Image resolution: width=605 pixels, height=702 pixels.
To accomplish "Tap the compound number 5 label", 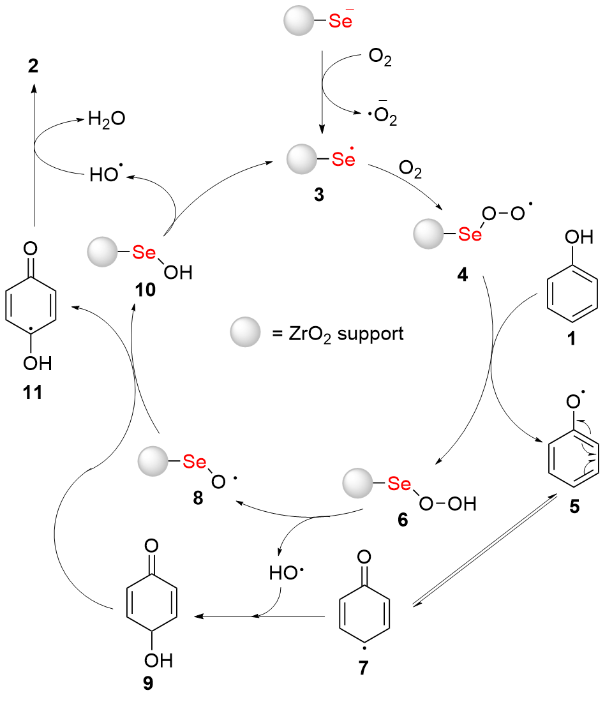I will (x=572, y=507).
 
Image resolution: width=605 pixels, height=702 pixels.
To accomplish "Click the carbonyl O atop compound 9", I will (x=151, y=547).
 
